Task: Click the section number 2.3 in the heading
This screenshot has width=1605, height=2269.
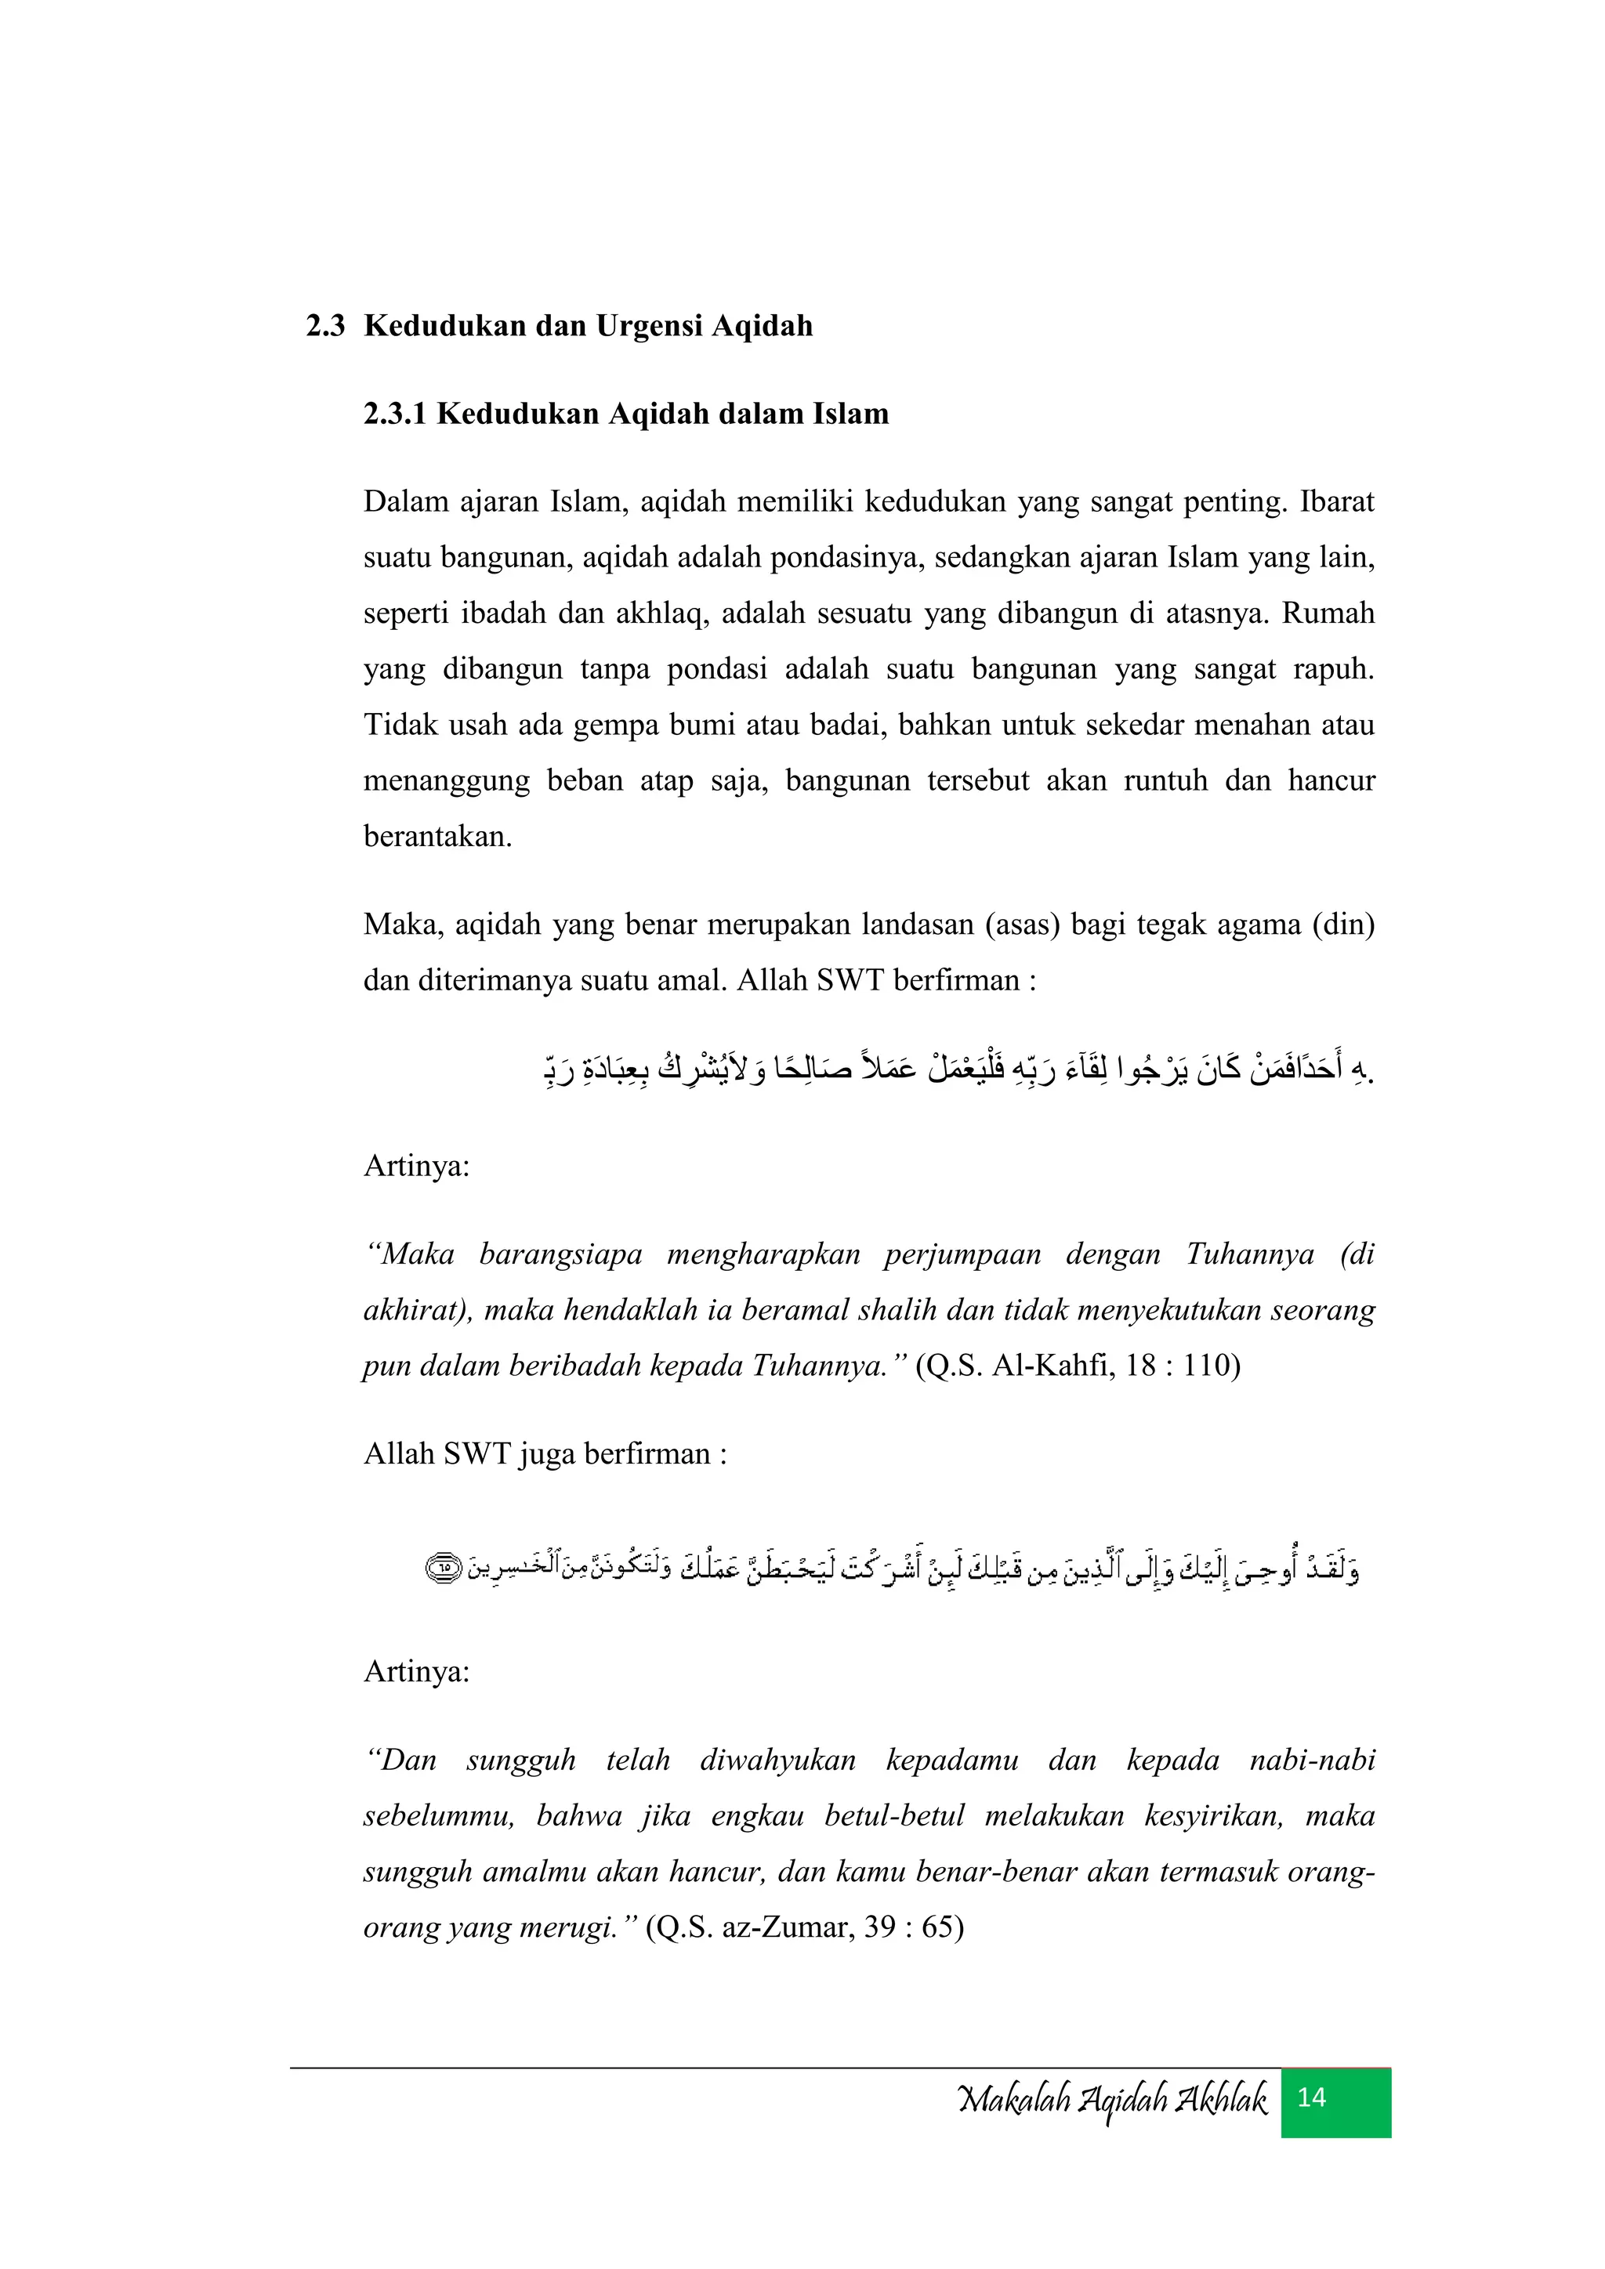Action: pos(325,326)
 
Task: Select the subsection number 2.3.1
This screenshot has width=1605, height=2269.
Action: pos(394,414)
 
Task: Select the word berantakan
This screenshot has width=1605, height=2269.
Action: pos(437,837)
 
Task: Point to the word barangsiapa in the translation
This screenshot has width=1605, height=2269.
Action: pos(560,1255)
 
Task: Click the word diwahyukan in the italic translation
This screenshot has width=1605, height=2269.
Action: pos(777,1760)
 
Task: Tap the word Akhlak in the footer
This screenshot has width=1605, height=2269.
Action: pos(1219,2100)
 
